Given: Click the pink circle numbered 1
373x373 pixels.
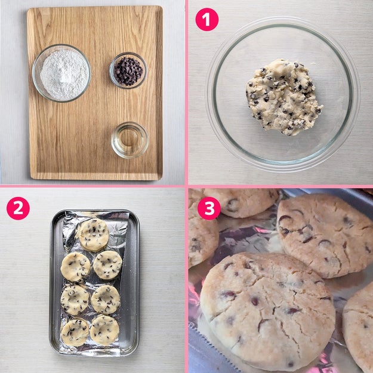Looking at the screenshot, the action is pos(206,19).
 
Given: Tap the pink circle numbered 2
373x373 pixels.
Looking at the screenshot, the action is pos(18,208).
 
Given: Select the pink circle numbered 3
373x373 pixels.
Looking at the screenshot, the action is pos(209,208).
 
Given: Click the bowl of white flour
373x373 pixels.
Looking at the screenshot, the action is pos(61,73).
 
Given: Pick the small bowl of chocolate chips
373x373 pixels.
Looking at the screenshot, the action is pos(128,70).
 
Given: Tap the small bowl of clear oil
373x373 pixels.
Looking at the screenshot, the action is pos(130,140).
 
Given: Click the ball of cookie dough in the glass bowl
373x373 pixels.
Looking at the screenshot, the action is pos(283,97).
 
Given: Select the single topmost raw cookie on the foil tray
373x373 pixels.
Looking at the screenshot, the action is pos(94,235).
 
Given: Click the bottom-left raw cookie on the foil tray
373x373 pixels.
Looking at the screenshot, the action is pos(75,332).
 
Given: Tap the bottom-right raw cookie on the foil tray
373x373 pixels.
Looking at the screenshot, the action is pos(104,329).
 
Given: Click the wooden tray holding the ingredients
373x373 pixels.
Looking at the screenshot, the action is pos(95,93).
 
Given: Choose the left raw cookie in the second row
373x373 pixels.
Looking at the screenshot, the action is pos(75,267).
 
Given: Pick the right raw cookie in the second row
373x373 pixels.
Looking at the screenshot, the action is pos(107,265).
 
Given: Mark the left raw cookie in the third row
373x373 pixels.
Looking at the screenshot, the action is pos(75,300).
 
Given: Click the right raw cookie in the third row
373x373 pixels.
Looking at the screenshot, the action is pos(106,300).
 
